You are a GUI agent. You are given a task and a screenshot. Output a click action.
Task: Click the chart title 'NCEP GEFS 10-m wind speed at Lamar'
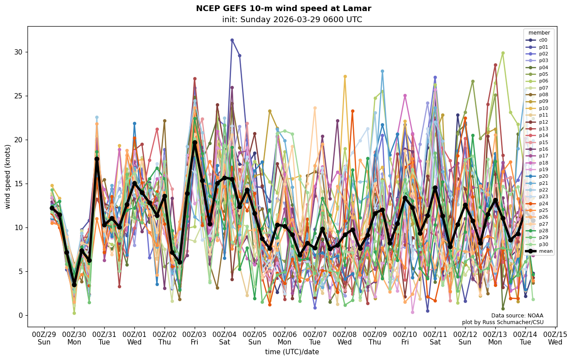(283, 8)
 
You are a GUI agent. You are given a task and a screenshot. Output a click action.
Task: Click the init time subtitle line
(292, 20)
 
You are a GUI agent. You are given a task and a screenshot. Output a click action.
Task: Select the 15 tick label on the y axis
(18, 184)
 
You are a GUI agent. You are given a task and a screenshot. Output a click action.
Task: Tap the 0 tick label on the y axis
(20, 315)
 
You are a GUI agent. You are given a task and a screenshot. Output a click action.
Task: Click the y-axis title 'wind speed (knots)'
(8, 176)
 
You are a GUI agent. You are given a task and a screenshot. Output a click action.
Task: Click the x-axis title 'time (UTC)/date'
(292, 352)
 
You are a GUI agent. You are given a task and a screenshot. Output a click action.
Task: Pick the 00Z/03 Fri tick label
(195, 338)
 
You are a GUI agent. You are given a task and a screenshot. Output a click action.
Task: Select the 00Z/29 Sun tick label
(44, 338)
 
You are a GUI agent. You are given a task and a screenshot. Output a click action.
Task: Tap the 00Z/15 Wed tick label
(555, 338)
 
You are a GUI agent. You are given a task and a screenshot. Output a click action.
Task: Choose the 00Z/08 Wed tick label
(345, 338)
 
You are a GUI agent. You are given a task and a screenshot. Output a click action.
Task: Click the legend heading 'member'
(539, 33)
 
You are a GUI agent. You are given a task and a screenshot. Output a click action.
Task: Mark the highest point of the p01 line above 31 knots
(232, 40)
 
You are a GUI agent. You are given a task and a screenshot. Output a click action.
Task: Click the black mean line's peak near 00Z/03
(195, 143)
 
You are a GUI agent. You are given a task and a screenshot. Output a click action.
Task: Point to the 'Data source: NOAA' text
(517, 316)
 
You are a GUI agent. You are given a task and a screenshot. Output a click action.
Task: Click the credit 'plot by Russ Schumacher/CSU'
(502, 322)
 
